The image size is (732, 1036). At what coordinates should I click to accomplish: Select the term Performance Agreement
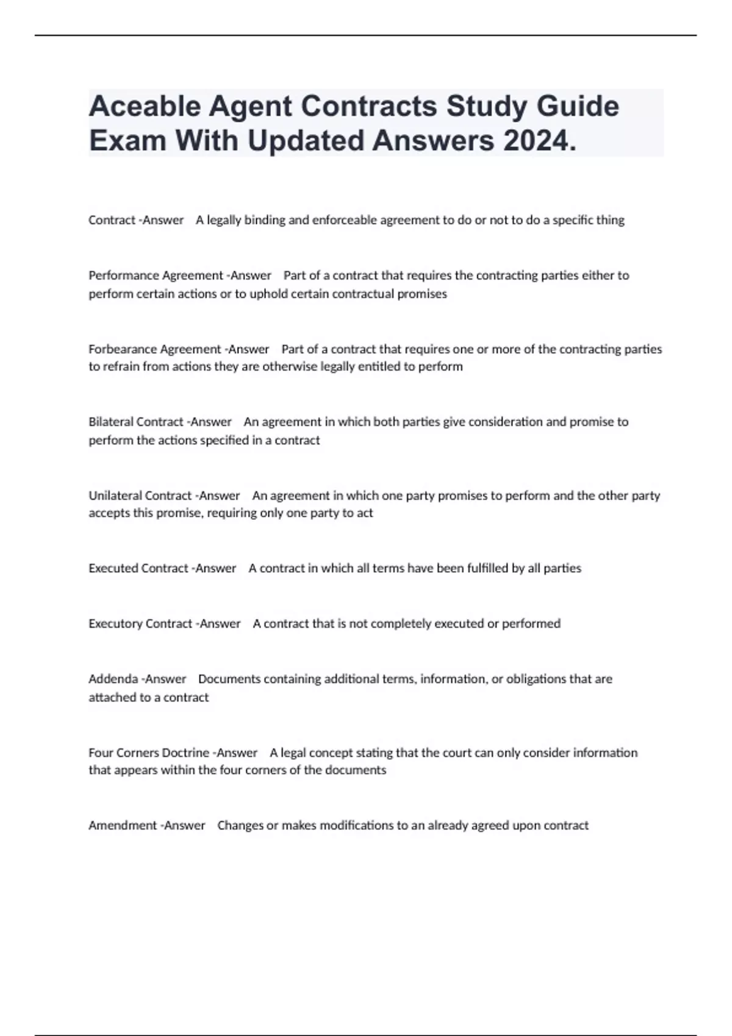pos(156,275)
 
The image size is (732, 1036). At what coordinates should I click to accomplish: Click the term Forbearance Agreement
pos(154,349)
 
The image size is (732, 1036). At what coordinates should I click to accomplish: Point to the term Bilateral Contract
pos(136,422)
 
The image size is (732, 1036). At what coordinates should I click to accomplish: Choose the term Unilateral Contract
pos(140,495)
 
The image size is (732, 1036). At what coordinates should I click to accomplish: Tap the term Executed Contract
pos(138,568)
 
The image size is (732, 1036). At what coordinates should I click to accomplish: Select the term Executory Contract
pos(140,623)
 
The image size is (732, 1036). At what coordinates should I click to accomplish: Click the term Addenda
pos(113,679)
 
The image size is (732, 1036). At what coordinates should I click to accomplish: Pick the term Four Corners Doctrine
pos(148,753)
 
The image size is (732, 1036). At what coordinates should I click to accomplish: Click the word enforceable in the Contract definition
pos(345,220)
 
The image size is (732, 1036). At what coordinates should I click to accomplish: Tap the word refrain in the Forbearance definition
pos(121,367)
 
